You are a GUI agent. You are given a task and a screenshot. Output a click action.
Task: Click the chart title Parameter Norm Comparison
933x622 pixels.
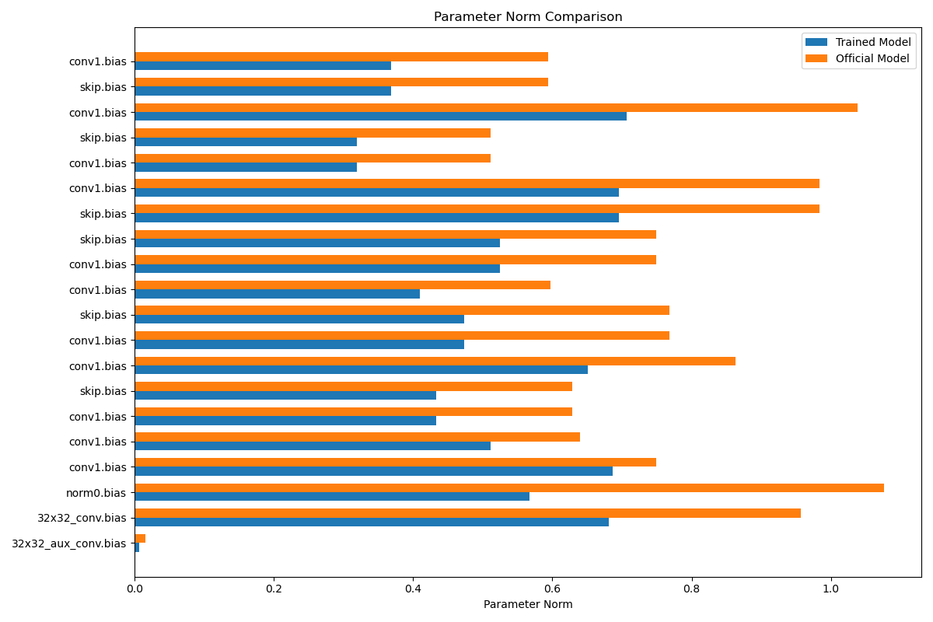[528, 16]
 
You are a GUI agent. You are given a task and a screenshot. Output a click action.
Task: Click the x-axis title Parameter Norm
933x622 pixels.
[528, 604]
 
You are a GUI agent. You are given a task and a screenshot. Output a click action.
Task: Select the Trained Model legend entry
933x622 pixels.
[858, 42]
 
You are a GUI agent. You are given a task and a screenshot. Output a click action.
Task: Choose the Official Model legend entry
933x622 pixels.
[858, 58]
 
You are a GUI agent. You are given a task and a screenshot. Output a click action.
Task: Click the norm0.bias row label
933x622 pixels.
[96, 493]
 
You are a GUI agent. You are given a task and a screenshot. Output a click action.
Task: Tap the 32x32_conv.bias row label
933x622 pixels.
[82, 519]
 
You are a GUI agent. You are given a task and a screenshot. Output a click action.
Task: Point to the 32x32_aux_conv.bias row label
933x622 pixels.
[68, 543]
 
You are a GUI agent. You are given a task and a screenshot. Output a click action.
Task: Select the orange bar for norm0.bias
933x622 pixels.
[509, 487]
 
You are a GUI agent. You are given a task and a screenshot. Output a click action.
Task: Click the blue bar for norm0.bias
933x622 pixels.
[332, 497]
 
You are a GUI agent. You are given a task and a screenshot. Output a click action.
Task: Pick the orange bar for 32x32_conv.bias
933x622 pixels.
[468, 513]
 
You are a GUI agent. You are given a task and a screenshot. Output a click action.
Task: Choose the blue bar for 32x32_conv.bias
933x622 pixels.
[372, 522]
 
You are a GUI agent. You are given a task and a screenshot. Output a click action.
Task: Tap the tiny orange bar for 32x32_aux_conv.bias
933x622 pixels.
[140, 539]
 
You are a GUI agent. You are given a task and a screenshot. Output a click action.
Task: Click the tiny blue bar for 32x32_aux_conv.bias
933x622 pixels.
[137, 547]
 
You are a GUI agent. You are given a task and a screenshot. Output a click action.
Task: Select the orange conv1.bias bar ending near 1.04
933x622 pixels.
[496, 108]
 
